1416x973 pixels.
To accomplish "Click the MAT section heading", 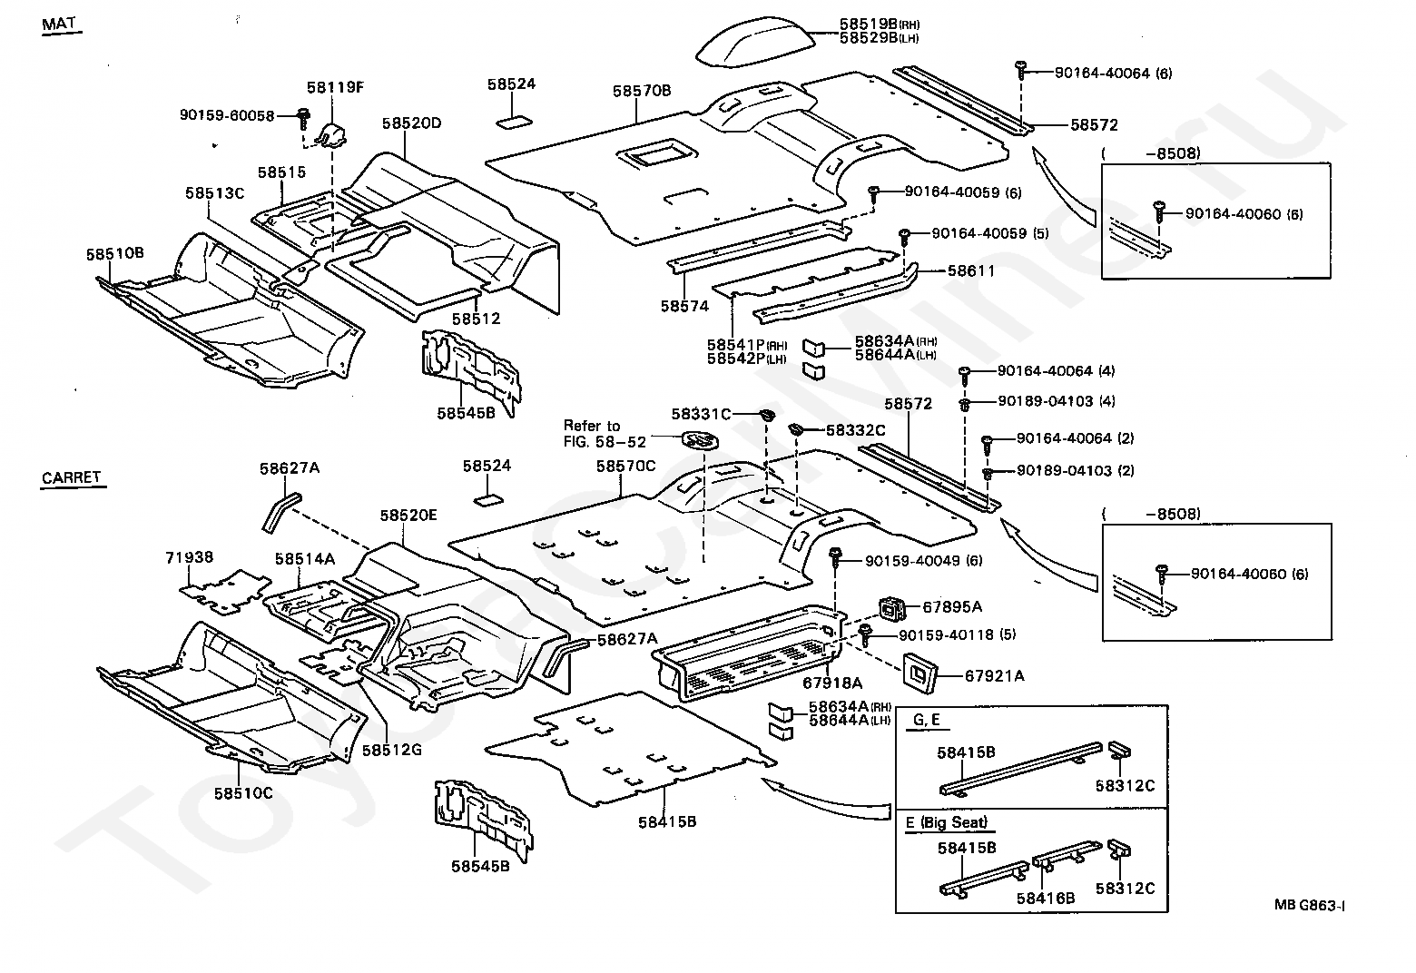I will pos(61,25).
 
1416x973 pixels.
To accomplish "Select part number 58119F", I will pos(335,88).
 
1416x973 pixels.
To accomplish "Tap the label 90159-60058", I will pos(226,115).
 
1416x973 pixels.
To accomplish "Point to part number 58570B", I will pos(641,91).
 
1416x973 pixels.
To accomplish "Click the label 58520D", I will pos(410,123).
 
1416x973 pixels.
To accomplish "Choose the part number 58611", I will pos(971,270).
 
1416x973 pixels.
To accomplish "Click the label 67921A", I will pos(994,675).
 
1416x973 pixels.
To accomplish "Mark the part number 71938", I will pos(189,556).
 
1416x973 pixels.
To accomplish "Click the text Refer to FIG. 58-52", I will pos(604,433).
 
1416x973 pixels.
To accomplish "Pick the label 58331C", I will pos(701,414).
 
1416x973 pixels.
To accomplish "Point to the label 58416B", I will pos(1046,898).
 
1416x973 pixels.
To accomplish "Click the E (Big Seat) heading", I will pos(946,823).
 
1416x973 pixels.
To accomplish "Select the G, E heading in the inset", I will pos(925,722).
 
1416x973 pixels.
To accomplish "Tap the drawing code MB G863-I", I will pos(1309,904).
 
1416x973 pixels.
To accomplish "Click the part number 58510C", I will pos(243,792).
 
